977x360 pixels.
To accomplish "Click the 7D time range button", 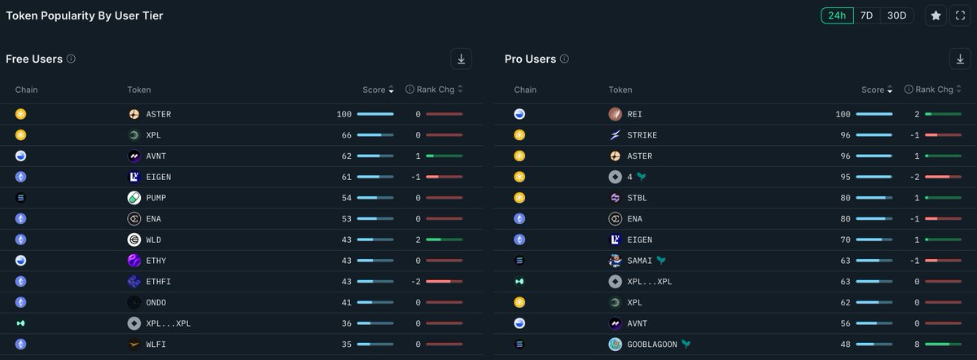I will [x=866, y=15].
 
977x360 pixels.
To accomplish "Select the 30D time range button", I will [x=896, y=15].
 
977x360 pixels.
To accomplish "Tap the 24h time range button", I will [x=836, y=15].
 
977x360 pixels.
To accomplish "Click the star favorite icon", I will [x=936, y=15].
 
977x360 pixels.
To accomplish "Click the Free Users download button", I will [x=462, y=59].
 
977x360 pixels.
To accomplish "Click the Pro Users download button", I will [x=960, y=59].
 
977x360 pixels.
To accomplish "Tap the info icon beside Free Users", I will [x=71, y=59].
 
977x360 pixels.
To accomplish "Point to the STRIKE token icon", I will [x=616, y=135].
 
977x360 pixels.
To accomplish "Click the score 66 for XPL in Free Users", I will [x=345, y=135].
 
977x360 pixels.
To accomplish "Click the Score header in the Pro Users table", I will [x=872, y=90].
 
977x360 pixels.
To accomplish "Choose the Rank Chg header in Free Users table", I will [x=436, y=90].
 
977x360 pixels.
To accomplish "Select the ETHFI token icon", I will [x=134, y=281].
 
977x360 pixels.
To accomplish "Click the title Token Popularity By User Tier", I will [x=85, y=15].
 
